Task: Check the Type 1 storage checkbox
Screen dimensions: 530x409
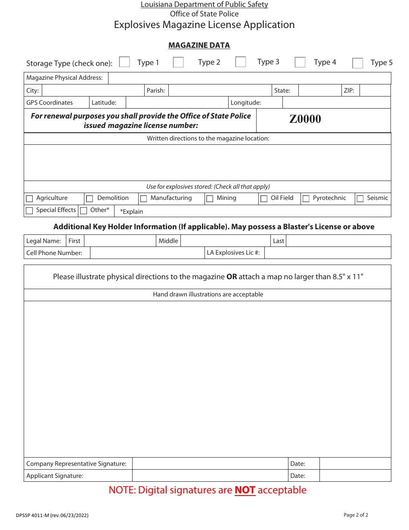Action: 124,62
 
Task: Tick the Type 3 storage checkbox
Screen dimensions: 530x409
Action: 241,62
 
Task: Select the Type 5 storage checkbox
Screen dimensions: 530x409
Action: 357,63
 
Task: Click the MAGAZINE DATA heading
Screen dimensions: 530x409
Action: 199,45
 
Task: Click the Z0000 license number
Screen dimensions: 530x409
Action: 305,119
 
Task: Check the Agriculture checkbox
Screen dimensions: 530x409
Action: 30,199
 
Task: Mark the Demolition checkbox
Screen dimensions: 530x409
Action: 90,199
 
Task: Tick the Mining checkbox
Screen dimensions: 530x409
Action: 210,199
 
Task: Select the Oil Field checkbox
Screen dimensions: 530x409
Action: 264,199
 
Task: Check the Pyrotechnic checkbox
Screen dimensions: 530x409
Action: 306,199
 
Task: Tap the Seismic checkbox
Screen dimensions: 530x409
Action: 360,199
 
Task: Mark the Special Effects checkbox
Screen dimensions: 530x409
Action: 30,211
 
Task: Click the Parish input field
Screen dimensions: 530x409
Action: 219,90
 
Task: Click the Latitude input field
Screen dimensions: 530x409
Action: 177,103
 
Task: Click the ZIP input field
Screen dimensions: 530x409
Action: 375,90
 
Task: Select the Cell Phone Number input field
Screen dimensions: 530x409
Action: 147,253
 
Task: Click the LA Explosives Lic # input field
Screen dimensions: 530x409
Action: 327,253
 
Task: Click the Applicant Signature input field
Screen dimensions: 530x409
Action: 210,476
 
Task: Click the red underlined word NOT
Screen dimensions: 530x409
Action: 245,490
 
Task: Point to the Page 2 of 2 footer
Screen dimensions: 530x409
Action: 356,515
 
